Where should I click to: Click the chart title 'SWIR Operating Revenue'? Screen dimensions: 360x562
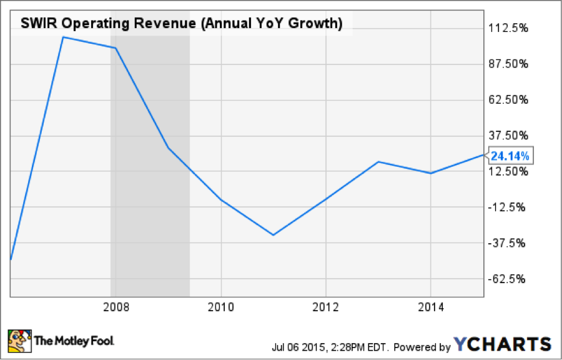(182, 24)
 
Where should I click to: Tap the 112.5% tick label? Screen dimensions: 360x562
(511, 28)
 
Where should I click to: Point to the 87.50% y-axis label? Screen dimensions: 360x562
(511, 64)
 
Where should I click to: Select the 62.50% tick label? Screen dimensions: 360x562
(511, 100)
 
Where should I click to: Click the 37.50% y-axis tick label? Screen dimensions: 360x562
(511, 136)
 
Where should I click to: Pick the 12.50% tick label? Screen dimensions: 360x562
(511, 171)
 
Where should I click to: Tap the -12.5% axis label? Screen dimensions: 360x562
(511, 207)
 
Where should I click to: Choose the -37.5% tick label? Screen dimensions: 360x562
(511, 243)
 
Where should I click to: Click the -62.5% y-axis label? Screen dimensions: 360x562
(511, 279)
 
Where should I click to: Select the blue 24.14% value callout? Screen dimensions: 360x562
(510, 155)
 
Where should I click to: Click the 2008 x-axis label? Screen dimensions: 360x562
(116, 307)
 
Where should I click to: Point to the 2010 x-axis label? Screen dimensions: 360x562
(220, 307)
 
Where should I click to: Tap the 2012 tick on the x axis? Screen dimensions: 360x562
(325, 307)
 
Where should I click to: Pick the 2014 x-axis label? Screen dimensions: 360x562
(430, 307)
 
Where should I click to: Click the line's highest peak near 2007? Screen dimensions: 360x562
(64, 37)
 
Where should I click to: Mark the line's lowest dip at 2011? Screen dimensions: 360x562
(273, 235)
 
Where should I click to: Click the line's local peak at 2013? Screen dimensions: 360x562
(378, 162)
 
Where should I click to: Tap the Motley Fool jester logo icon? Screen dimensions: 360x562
(19, 341)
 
